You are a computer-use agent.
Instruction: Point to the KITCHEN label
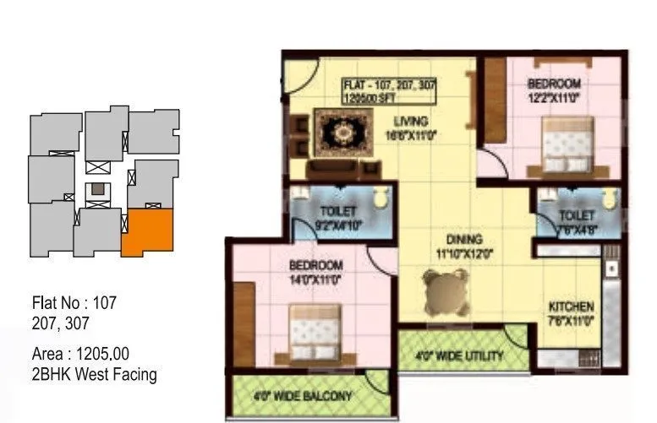coord(571,306)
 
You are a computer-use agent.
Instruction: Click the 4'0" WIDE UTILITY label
coord(460,355)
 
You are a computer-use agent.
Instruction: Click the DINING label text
coord(464,239)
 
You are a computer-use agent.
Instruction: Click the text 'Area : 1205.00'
coord(80,353)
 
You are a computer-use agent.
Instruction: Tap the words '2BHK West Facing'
coord(94,373)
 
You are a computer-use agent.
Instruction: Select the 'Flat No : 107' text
coord(74,301)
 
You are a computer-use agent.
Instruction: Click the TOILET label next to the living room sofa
coord(337,210)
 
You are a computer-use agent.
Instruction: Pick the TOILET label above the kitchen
coord(577,216)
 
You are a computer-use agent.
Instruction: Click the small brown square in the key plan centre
coord(100,188)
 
